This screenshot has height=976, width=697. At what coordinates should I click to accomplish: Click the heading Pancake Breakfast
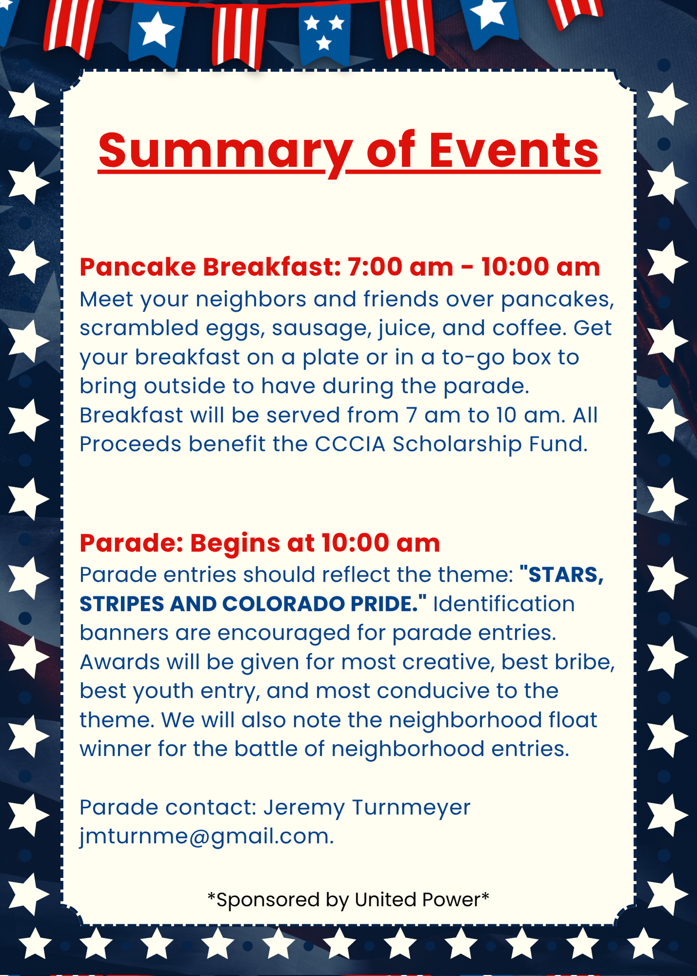[210, 267]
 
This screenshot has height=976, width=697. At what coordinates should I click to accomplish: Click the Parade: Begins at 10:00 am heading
[260, 543]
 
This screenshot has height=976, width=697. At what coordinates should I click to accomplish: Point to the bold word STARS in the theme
[566, 575]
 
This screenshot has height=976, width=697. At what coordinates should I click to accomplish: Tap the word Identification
[504, 604]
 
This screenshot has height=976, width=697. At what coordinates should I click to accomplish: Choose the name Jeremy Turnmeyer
[367, 807]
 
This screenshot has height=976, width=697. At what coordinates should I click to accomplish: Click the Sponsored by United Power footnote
[348, 899]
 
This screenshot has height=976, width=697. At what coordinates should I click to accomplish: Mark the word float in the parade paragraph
[573, 720]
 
